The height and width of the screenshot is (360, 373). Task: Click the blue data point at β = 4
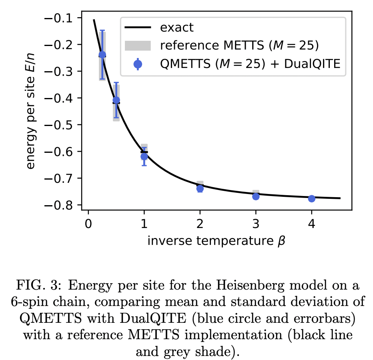[x=311, y=198]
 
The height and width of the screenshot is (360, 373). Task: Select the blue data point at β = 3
[x=256, y=196]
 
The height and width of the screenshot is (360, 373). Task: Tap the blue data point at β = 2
[x=200, y=188]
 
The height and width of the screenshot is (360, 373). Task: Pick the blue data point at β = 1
[x=144, y=156]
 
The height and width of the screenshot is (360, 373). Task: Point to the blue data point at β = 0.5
[x=116, y=100]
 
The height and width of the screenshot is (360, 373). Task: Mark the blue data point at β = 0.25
[x=102, y=54]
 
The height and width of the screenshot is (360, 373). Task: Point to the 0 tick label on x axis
[x=88, y=222]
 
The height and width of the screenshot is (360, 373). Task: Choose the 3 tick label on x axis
[x=256, y=222]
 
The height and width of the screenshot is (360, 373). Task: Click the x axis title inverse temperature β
[x=216, y=241]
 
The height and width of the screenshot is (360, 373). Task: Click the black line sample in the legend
[x=137, y=28]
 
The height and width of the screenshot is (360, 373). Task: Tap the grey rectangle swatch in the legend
[x=137, y=46]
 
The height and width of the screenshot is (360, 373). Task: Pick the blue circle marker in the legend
[x=137, y=63]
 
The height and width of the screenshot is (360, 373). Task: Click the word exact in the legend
[x=176, y=28]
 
